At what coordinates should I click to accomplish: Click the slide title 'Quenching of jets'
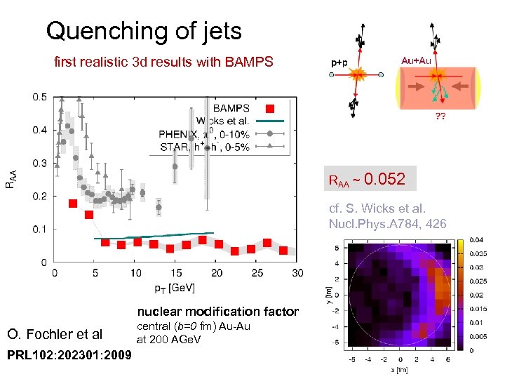coord(144,31)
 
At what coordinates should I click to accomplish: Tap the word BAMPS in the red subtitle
coord(247,62)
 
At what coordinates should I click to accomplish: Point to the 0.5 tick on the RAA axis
coord(40,97)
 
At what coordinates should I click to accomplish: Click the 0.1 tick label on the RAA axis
coord(40,230)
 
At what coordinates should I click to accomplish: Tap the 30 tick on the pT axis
coord(298,273)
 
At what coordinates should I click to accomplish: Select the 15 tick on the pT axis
coord(176,273)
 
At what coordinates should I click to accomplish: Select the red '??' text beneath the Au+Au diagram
coord(440,117)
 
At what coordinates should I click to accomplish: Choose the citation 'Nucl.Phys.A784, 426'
coord(387,224)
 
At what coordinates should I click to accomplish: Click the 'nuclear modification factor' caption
coord(217,312)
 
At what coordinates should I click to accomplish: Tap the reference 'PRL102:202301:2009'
coord(68,354)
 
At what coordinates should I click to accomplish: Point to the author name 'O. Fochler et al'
coord(54,333)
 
